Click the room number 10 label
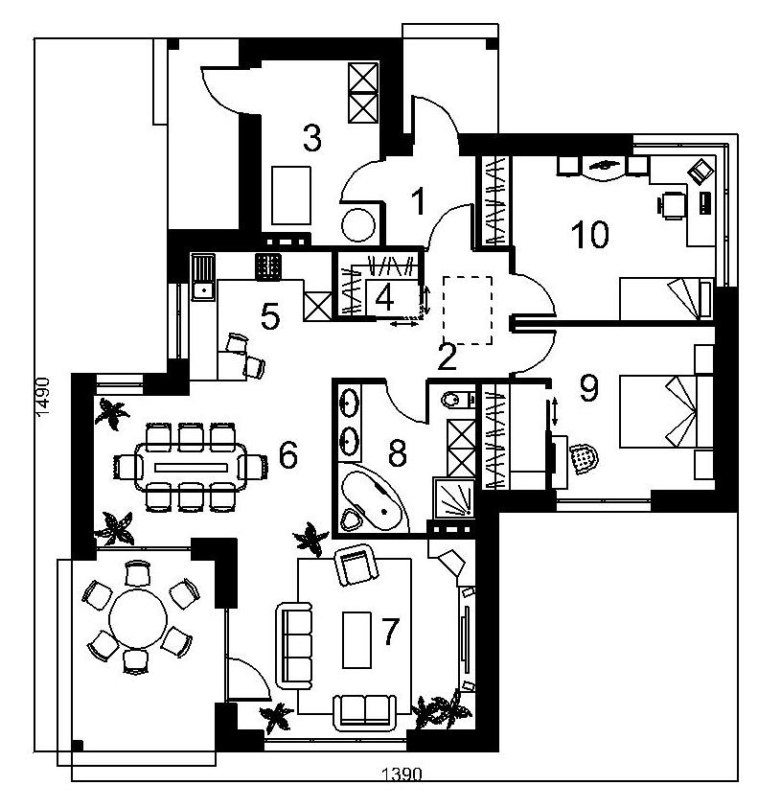(x=590, y=234)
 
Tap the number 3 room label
(x=311, y=138)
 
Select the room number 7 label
(x=390, y=632)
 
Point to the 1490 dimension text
(x=43, y=397)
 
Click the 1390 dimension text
(x=402, y=774)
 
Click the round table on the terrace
(x=138, y=618)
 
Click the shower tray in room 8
(x=454, y=498)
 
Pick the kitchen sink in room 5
(x=203, y=277)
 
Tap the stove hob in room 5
(x=268, y=267)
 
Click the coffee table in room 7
(x=356, y=640)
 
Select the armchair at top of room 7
(x=356, y=565)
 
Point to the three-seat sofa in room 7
(x=294, y=646)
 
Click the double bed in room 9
(x=666, y=411)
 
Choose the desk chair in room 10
(x=673, y=206)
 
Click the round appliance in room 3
(x=358, y=225)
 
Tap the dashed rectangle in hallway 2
(x=468, y=311)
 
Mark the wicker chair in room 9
(x=585, y=458)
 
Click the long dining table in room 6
(x=191, y=468)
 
